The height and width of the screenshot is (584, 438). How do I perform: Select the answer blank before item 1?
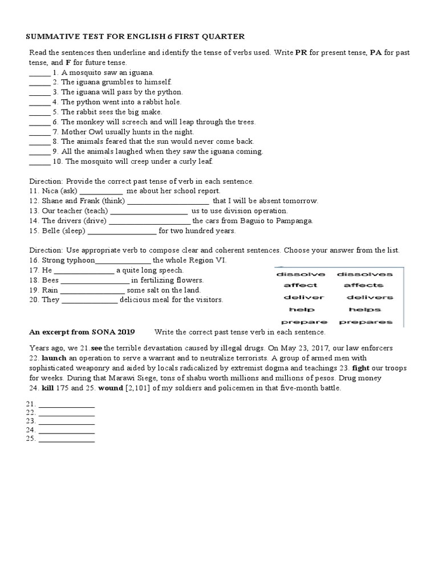39,73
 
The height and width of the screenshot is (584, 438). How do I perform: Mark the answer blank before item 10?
39,161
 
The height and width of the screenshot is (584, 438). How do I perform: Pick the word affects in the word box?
363,285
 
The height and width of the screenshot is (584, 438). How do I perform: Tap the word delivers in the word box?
370,297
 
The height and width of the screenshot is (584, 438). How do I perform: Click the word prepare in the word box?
304,322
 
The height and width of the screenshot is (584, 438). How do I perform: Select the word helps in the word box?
364,310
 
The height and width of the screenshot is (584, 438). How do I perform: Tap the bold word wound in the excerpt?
111,388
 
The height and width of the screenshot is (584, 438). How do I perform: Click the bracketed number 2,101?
141,388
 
